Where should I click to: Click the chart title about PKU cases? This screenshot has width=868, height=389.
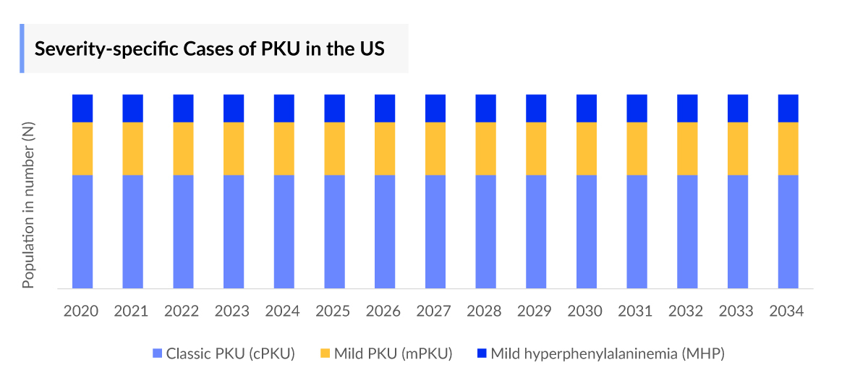click(210, 49)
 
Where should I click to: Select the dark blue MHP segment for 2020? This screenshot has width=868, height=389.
click(82, 108)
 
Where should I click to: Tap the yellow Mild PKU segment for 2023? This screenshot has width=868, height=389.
click(234, 149)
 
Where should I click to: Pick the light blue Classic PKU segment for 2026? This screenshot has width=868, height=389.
click(385, 231)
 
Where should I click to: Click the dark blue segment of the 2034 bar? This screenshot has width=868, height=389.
click(788, 108)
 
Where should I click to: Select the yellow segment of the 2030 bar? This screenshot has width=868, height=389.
click(587, 149)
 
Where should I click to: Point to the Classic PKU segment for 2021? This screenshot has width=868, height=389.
click(133, 231)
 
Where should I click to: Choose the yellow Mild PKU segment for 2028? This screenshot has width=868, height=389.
click(485, 149)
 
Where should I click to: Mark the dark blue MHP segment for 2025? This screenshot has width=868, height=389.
click(334, 108)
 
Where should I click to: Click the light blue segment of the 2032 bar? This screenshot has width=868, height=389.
click(687, 231)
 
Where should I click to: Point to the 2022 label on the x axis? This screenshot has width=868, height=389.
click(182, 311)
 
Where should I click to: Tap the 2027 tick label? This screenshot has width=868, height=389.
click(434, 311)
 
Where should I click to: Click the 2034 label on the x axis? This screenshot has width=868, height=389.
click(787, 311)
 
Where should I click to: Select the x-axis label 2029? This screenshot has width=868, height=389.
click(535, 311)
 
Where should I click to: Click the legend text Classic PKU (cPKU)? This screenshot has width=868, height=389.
click(230, 354)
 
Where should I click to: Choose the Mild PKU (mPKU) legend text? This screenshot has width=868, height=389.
click(393, 354)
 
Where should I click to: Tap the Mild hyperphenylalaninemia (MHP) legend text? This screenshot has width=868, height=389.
click(608, 354)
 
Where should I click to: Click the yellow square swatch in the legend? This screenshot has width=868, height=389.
click(325, 354)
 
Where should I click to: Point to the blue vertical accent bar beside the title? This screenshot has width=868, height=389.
click(22, 49)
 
